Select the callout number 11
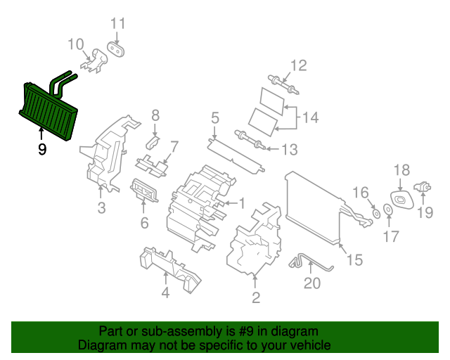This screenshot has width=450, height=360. click(x=118, y=23)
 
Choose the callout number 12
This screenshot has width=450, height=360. click(x=299, y=66)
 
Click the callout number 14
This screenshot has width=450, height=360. click(x=310, y=117)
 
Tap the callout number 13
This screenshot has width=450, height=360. click(x=289, y=150)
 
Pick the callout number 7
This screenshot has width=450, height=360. click(x=174, y=147)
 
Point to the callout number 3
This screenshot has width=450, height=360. click(x=101, y=207)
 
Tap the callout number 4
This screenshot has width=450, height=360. click(x=165, y=292)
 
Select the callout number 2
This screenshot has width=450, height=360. click(x=256, y=298)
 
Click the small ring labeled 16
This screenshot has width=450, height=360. click(x=375, y=212)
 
